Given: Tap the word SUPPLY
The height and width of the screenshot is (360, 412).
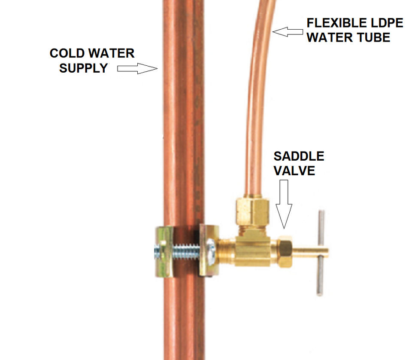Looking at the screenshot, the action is tap(83, 68).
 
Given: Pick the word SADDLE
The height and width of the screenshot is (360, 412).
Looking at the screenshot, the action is tap(299, 156).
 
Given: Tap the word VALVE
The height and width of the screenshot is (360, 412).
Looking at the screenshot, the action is tap(294, 171).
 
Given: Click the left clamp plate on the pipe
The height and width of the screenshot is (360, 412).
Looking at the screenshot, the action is tap(164, 251).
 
